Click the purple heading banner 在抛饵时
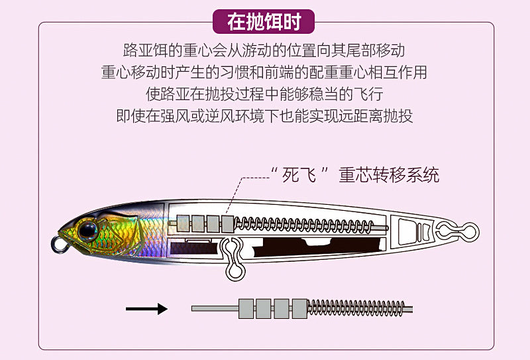264,22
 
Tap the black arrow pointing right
146,308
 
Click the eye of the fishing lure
87,230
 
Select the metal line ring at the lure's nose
59,246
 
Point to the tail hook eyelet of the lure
470,231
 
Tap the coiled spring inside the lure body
303,225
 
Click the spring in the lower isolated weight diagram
356,308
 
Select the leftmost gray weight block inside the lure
183,223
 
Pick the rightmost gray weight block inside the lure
227,224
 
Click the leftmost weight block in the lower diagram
246,308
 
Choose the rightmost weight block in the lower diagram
299,308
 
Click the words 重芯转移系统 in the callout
389,175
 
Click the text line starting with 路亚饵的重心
264,50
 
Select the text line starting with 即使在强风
264,116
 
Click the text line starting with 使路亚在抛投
264,94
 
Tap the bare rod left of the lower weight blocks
215,308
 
